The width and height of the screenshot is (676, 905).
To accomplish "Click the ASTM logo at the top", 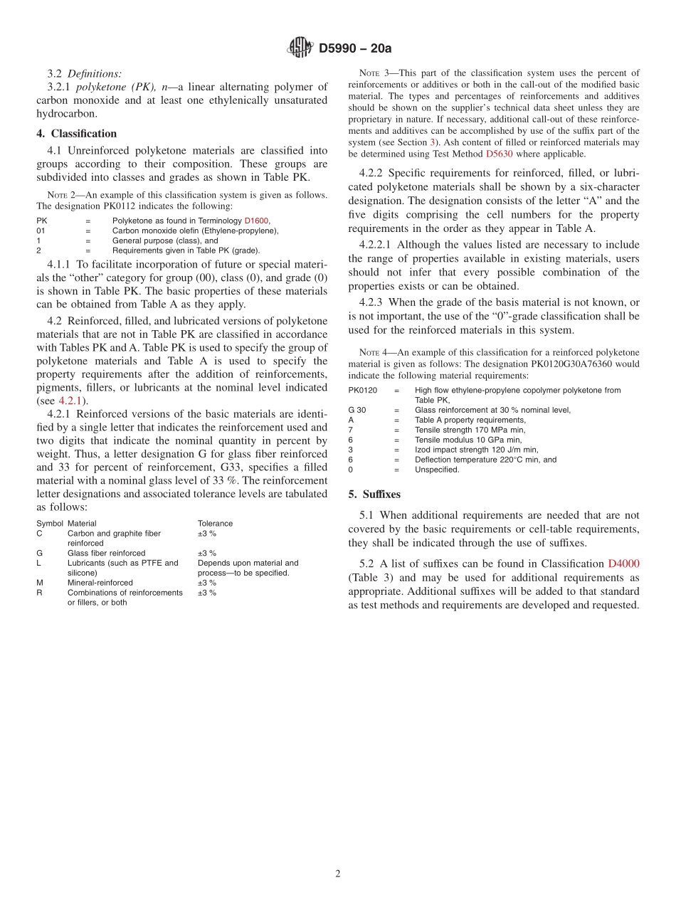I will tap(300, 48).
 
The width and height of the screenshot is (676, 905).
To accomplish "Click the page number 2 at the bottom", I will tap(338, 874).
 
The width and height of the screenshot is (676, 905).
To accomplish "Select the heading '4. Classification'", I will tap(77, 133).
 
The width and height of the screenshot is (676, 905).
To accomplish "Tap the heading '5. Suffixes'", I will tap(374, 494).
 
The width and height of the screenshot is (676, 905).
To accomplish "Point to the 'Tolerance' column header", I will tap(215, 524).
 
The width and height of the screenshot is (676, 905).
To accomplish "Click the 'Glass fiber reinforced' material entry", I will tap(106, 553).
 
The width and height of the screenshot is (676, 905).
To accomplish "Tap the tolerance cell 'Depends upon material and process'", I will tap(248, 568).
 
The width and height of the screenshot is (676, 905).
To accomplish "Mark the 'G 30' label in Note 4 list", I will tap(357, 410).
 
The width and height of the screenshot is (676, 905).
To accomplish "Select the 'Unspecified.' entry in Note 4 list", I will tap(437, 470).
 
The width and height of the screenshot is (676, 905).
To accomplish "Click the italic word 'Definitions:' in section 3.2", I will tap(94, 73).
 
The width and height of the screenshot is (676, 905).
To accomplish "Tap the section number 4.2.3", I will tap(374, 302).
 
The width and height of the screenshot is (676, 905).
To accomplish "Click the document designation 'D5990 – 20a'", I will tap(355, 48).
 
